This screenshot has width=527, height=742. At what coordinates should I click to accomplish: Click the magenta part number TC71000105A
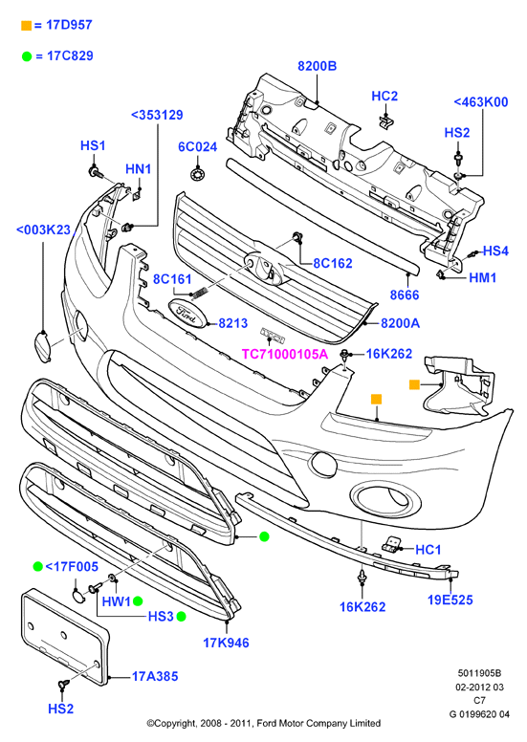(285, 354)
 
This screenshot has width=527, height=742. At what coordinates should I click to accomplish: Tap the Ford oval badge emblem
(187, 313)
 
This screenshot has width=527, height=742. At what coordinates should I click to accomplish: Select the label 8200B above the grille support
(317, 66)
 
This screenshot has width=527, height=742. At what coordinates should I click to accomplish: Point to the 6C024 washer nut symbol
(196, 174)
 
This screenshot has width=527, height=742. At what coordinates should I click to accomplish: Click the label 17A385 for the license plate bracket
(155, 676)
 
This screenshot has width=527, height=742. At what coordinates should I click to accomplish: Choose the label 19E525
(450, 600)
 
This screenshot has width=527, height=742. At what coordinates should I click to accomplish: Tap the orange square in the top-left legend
(27, 26)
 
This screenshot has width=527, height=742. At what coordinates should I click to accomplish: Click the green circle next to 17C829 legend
(27, 56)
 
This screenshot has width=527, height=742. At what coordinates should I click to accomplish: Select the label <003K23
(44, 230)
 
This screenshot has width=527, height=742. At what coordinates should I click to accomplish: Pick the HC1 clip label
(428, 550)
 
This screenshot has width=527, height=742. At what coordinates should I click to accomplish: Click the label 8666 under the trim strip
(405, 295)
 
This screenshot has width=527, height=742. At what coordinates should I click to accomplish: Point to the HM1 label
(482, 277)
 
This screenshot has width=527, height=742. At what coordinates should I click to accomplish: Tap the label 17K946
(226, 643)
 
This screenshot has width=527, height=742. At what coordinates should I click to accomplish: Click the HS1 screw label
(93, 145)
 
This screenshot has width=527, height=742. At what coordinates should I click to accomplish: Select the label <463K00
(480, 101)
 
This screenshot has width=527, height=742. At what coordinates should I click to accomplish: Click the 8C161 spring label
(172, 279)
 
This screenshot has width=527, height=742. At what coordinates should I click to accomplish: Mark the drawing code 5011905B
(479, 673)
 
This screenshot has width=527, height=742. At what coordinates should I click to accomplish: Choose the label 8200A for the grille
(400, 323)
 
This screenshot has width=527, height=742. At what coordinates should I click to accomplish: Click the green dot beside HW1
(138, 601)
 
